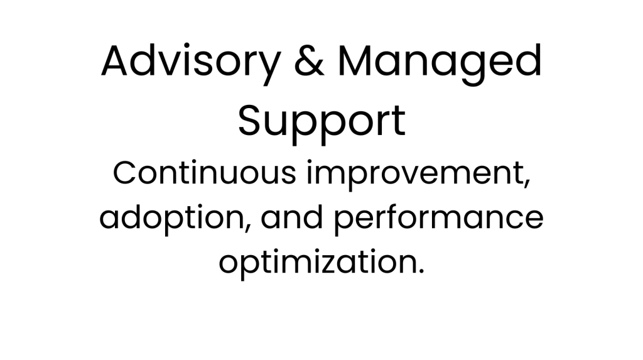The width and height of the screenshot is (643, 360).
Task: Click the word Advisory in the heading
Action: (191, 62)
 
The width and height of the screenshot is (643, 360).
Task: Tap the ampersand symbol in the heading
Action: (309, 60)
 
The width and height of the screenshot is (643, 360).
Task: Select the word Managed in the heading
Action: (440, 62)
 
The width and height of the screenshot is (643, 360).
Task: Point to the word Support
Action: (322, 122)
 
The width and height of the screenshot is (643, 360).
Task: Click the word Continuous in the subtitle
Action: (204, 173)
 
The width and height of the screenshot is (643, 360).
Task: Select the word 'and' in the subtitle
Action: (292, 217)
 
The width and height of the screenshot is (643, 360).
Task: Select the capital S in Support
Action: (251, 120)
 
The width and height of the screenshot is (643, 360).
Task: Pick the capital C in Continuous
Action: (125, 173)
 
